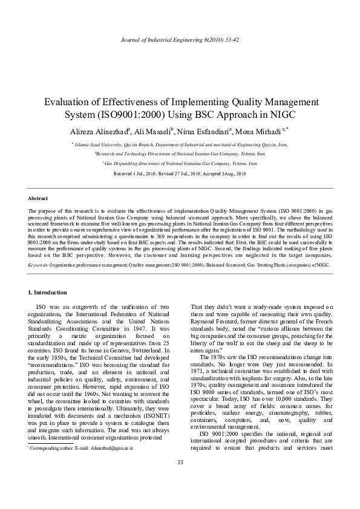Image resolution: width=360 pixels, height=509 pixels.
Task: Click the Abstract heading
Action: (38, 198)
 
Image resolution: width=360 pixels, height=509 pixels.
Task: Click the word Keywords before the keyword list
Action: (40, 264)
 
